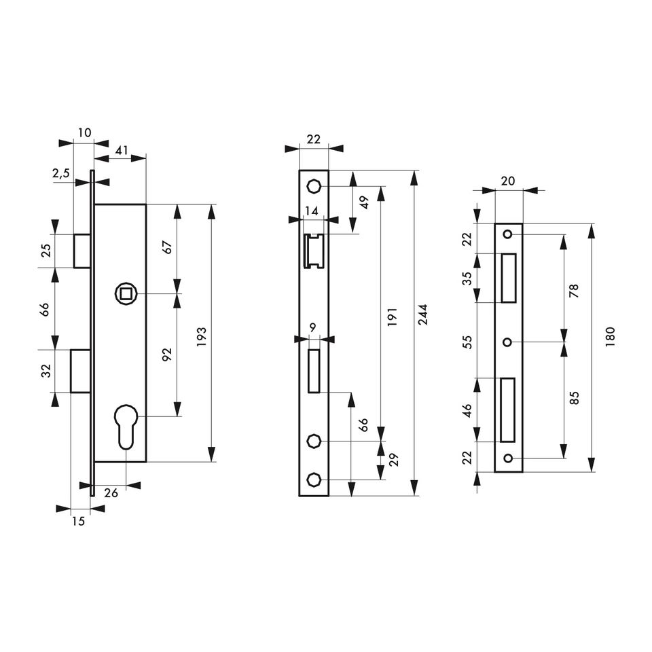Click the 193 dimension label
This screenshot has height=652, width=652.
click(202, 332)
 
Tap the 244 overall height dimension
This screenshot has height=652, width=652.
click(422, 314)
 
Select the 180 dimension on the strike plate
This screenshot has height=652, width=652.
click(610, 338)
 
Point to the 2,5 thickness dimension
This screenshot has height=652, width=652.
click(61, 174)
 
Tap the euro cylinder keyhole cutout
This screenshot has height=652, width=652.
click(126, 427)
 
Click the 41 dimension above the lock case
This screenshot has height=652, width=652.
click(122, 150)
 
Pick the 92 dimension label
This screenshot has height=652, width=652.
click(167, 355)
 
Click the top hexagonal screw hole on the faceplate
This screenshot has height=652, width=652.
click(313, 186)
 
